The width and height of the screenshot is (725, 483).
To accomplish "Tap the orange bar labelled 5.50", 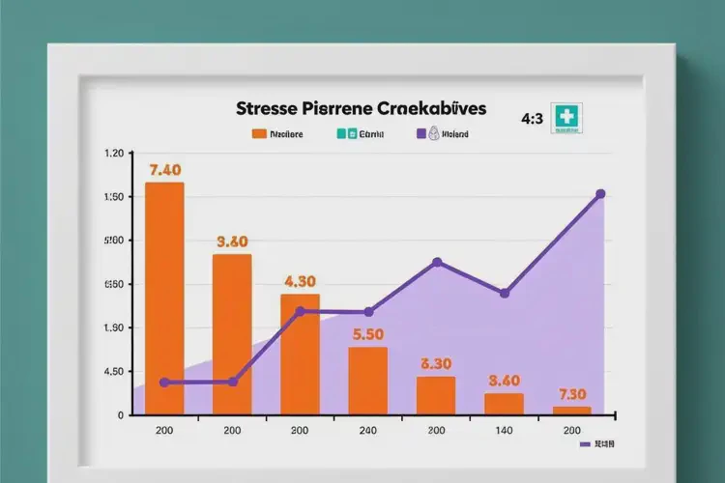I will tap(367, 381).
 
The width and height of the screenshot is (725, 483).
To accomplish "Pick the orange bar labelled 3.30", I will tap(436, 395).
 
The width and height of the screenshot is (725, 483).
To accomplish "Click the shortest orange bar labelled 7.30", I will tap(571, 411).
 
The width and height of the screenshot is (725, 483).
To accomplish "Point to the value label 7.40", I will tap(165, 170).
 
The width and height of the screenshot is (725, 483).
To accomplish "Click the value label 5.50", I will tap(368, 335).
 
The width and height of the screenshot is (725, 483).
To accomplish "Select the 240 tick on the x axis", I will tap(367, 431).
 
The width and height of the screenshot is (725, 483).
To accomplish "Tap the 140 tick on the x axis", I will tap(504, 431).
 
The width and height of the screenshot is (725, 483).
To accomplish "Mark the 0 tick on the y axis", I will tap(119, 415).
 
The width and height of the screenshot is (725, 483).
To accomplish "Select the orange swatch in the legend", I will tap(258, 135).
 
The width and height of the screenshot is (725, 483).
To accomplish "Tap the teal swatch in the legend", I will tap(341, 135).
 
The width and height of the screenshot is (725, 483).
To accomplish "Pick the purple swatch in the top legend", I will tap(421, 135).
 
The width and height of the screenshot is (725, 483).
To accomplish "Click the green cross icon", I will tap(565, 117).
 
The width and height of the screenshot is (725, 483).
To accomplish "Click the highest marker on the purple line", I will tap(600, 194).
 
